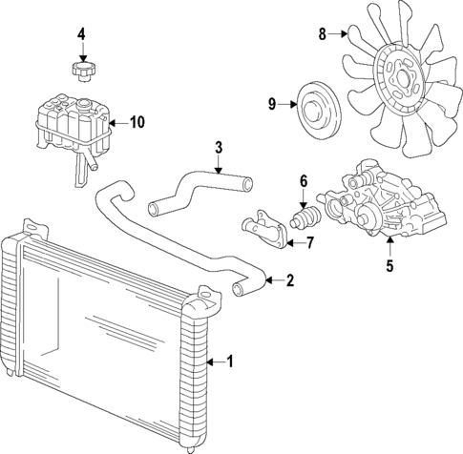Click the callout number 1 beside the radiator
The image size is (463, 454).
click(x=228, y=361)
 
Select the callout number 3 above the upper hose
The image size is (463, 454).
click(x=219, y=148)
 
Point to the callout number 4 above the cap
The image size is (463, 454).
click(x=82, y=35)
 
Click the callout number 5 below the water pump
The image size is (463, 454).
click(x=389, y=266)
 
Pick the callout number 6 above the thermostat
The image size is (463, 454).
click(x=304, y=180)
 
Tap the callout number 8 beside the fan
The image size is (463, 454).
click(x=322, y=34)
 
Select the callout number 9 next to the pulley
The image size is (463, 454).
click(x=271, y=104)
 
